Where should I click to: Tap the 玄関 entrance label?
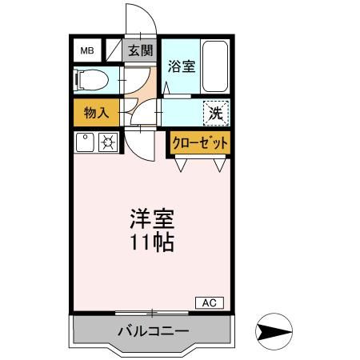[x=140, y=51]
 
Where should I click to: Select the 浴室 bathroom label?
[x=181, y=67]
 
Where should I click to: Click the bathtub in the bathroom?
[x=215, y=66]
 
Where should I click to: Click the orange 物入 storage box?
[x=96, y=112]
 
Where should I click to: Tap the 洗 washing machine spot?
[x=215, y=113]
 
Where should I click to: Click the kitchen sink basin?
[x=85, y=143]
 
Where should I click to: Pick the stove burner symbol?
[x=107, y=143]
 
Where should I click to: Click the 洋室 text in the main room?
[x=150, y=218]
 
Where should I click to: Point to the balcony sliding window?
[x=150, y=312]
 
